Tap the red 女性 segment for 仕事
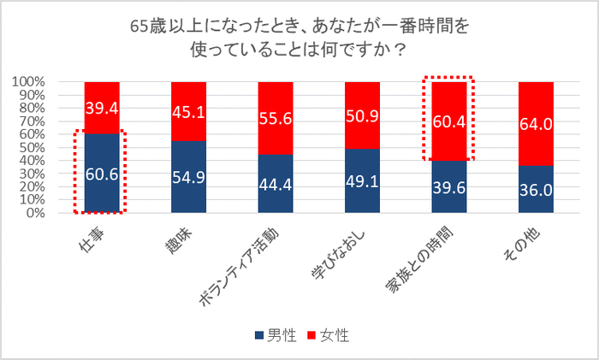(x=102, y=108)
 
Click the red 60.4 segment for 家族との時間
(x=449, y=121)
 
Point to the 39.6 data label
(x=449, y=188)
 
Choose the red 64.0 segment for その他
(x=536, y=124)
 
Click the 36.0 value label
(x=536, y=188)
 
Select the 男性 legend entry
(x=273, y=337)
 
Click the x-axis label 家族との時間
(x=428, y=257)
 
